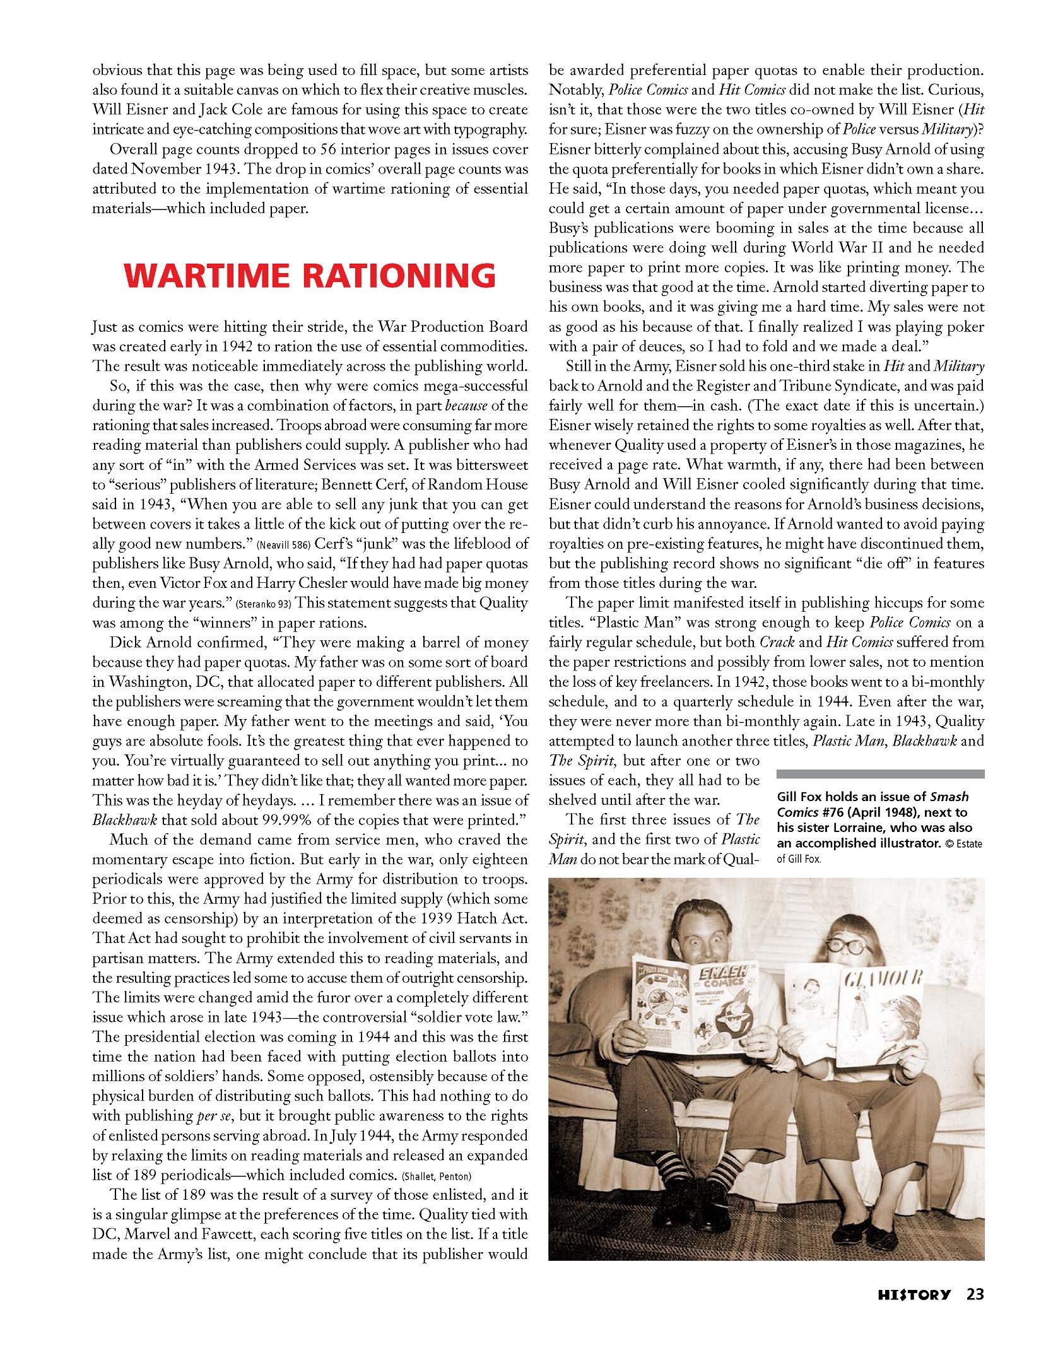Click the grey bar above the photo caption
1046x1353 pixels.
click(880, 774)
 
